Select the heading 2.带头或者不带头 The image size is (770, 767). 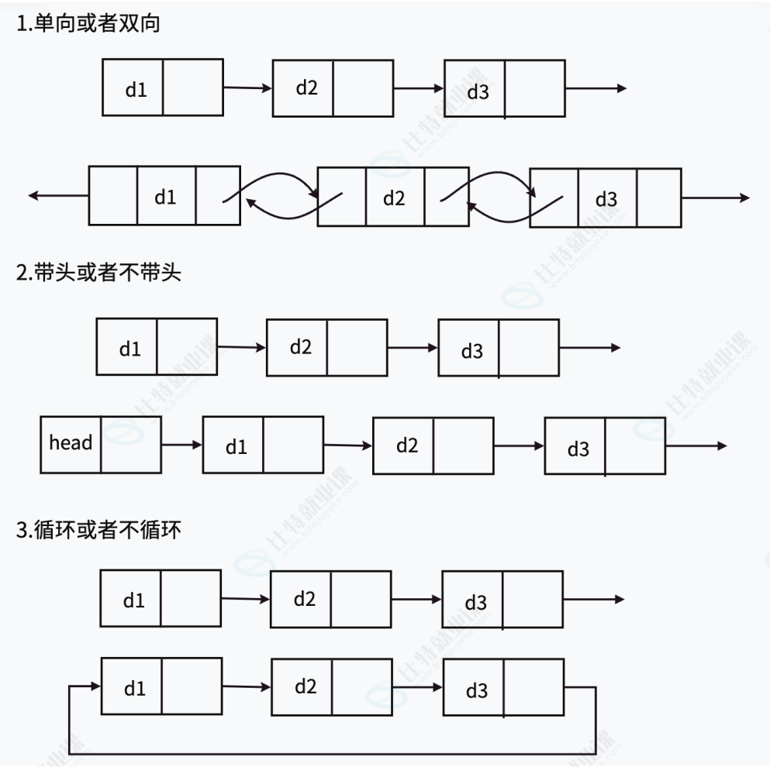click(x=98, y=273)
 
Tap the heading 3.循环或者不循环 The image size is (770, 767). click(x=98, y=531)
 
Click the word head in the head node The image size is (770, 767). click(x=71, y=443)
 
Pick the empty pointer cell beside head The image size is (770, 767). click(x=130, y=444)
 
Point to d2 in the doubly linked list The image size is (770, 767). click(x=394, y=198)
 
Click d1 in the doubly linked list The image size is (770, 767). click(x=165, y=197)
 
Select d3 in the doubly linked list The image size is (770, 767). click(x=606, y=199)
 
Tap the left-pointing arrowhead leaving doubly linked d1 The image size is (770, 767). click(x=33, y=196)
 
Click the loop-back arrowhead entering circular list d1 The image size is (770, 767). click(x=96, y=686)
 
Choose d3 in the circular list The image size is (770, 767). click(x=476, y=690)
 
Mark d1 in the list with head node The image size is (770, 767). click(x=236, y=447)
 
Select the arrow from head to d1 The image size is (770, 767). click(x=181, y=445)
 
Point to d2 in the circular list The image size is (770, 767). click(x=305, y=686)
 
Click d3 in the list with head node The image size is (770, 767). click(x=578, y=449)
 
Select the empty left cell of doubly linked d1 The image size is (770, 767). click(x=113, y=195)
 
